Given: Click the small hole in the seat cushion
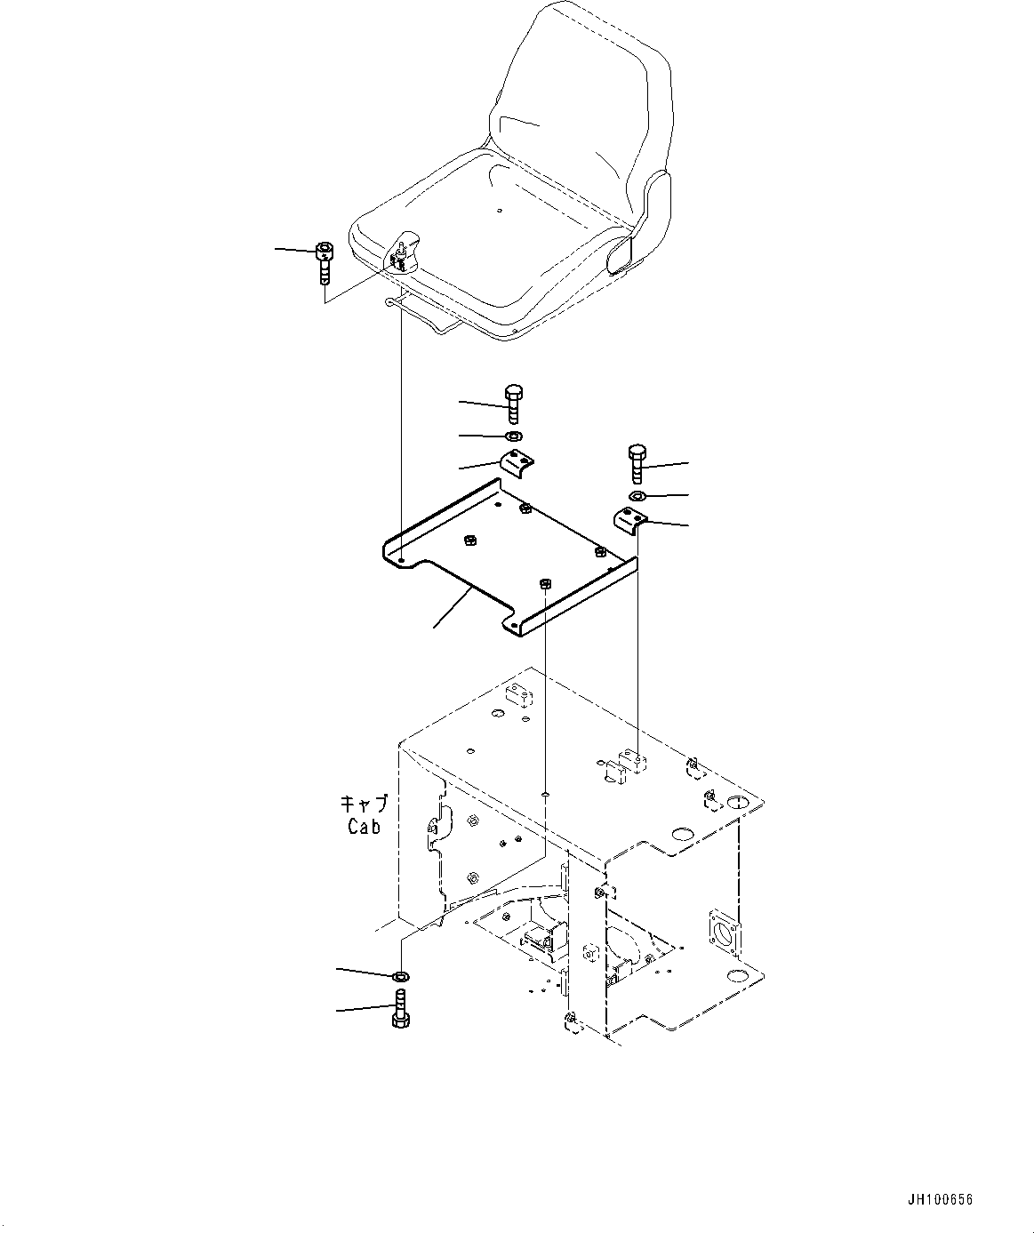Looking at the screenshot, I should [500, 211].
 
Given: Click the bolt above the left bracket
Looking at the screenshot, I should [514, 404].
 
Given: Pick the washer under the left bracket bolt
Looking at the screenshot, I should [513, 436].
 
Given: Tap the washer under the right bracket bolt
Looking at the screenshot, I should [637, 495].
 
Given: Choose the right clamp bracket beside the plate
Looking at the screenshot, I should [630, 518].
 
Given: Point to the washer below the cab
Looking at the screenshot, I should [400, 977].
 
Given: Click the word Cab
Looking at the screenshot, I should [364, 826].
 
